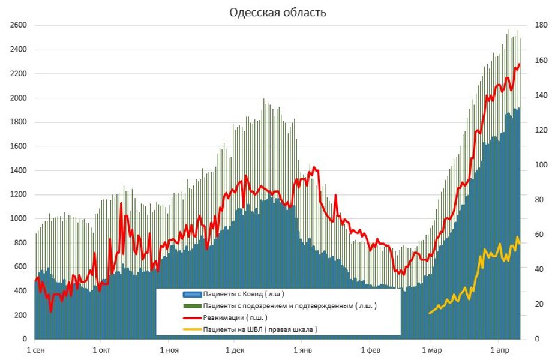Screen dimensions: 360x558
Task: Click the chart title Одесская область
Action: tap(278, 13)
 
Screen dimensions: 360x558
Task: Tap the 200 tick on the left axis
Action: tap(22, 315)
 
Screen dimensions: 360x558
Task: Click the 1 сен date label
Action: tap(35, 349)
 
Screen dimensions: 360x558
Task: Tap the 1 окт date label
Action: tap(101, 349)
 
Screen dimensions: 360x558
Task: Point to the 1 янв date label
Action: tap(304, 349)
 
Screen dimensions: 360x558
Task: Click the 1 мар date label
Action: tap(431, 349)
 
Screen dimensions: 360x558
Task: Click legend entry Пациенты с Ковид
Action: tap(243, 294)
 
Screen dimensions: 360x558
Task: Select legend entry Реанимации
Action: tap(235, 317)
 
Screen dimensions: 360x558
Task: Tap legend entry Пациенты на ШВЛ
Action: tap(259, 329)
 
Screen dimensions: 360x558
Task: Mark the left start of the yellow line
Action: tap(430, 313)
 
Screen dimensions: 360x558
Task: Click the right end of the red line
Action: tap(520, 64)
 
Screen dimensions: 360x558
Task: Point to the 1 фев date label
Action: tap(371, 349)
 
